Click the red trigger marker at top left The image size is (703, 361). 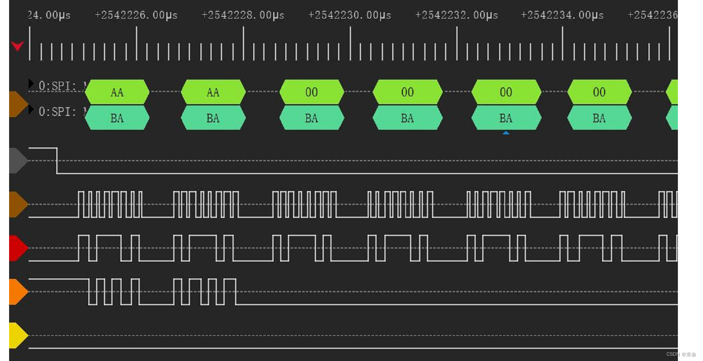(x=17, y=45)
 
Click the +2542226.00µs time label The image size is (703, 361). (x=136, y=15)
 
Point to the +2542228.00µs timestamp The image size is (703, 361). (x=243, y=15)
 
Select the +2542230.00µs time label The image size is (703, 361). (x=350, y=15)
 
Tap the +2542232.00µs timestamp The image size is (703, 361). (x=457, y=15)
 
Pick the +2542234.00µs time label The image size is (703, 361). (x=562, y=15)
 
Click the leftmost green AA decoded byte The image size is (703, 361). (x=117, y=92)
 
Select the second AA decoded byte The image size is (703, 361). (x=213, y=92)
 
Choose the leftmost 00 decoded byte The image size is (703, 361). (x=312, y=92)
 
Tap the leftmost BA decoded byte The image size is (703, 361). (x=117, y=118)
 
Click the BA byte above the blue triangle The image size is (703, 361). (x=506, y=118)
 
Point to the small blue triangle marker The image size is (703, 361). (x=506, y=133)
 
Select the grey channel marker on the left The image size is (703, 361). (x=18, y=160)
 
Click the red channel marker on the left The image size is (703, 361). (x=18, y=248)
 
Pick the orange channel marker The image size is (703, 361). (x=18, y=292)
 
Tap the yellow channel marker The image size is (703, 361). (x=18, y=335)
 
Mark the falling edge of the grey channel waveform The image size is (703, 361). (x=57, y=160)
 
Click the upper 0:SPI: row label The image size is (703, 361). (x=57, y=86)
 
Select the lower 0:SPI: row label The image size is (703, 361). (x=57, y=112)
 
